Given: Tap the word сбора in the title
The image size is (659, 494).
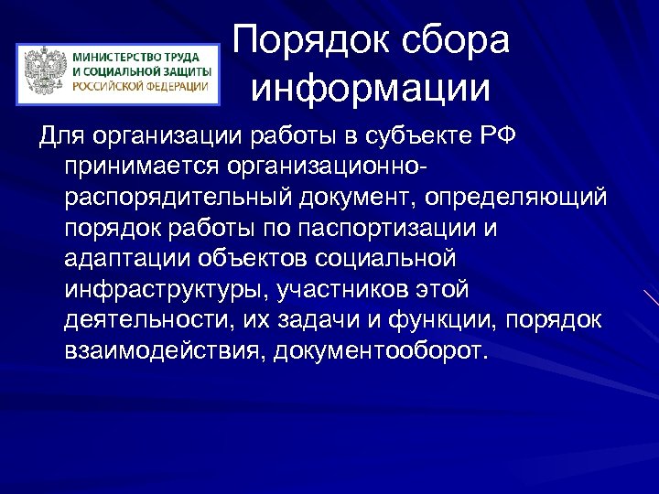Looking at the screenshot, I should (x=453, y=43).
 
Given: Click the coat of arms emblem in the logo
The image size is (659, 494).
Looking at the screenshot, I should (x=44, y=71).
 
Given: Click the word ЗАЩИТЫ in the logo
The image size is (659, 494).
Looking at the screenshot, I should (x=182, y=70).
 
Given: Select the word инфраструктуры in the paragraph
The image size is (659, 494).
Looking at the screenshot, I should (x=161, y=290).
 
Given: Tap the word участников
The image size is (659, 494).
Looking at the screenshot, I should (x=340, y=290).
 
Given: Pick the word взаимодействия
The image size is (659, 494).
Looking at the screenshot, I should (x=161, y=351).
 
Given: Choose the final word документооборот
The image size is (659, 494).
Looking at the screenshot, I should (x=382, y=351).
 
